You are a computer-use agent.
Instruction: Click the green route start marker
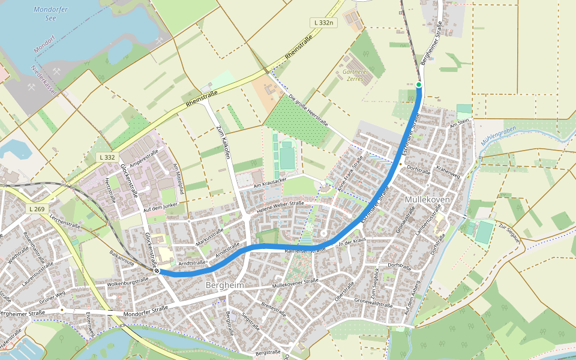click(419, 85)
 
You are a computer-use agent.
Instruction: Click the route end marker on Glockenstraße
click(157, 271)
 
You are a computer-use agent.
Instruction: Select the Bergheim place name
click(224, 286)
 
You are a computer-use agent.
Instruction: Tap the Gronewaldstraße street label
click(373, 302)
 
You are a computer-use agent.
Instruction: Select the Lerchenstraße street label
click(65, 221)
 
